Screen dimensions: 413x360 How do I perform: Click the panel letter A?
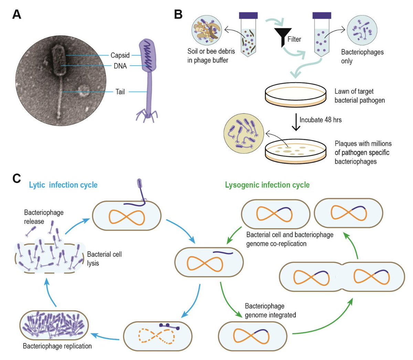pyautogui.click(x=17, y=14)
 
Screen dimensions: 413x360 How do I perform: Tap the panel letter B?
pyautogui.click(x=178, y=14)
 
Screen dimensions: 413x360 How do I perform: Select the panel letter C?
pyautogui.click(x=17, y=178)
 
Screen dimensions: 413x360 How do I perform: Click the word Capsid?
pyautogui.click(x=120, y=55)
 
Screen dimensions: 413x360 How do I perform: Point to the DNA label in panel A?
pyautogui.click(x=120, y=66)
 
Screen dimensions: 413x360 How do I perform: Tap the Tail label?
pyautogui.click(x=120, y=92)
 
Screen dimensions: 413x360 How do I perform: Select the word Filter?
pyautogui.click(x=294, y=39)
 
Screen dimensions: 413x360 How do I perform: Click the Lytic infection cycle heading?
pyautogui.click(x=63, y=185)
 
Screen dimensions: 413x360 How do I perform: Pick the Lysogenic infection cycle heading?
pyautogui.click(x=267, y=185)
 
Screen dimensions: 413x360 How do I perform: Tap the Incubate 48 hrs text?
pyautogui.click(x=320, y=120)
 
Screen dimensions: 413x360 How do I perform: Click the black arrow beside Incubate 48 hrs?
pyautogui.click(x=296, y=122)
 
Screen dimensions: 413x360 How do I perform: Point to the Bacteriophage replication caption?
pyautogui.click(x=57, y=346)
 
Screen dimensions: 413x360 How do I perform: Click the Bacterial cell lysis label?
pyautogui.click(x=104, y=259)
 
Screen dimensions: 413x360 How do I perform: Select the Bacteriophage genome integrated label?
pyautogui.click(x=270, y=310)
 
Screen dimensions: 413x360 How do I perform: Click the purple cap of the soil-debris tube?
pyautogui.click(x=248, y=15)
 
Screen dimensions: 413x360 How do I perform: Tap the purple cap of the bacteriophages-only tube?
pyautogui.click(x=322, y=15)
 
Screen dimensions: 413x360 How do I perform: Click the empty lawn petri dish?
pyautogui.click(x=296, y=95)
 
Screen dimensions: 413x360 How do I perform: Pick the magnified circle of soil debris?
pyautogui.click(x=207, y=30)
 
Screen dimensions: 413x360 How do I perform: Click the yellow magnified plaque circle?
pyautogui.click(x=244, y=133)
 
